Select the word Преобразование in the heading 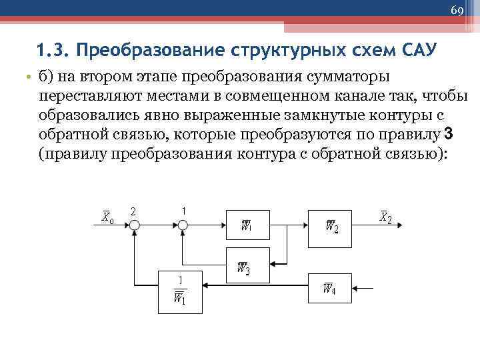pyautogui.click(x=136, y=51)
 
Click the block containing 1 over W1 pyautogui.click(x=179, y=291)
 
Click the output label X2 pyautogui.click(x=385, y=217)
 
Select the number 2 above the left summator pyautogui.click(x=133, y=211)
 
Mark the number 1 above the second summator pyautogui.click(x=183, y=210)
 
